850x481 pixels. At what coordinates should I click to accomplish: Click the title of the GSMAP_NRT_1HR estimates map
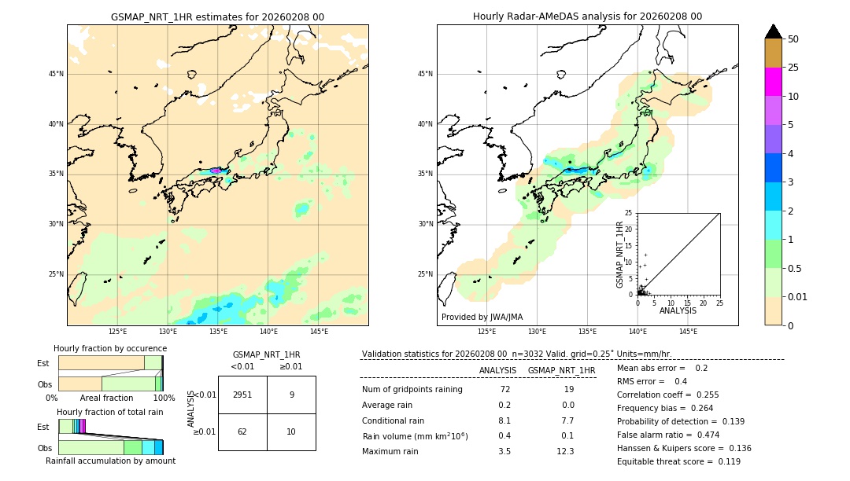217,17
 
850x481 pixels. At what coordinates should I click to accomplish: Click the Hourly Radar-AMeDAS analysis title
587,17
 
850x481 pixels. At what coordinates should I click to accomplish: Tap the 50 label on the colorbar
793,39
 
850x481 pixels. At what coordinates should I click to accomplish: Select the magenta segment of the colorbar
773,82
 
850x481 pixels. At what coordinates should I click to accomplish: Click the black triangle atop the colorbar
773,31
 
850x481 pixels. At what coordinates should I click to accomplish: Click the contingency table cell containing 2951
242,395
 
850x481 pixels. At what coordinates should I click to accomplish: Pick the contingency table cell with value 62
242,431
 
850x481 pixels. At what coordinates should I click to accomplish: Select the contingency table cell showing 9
291,395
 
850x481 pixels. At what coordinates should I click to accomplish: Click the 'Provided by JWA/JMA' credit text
482,318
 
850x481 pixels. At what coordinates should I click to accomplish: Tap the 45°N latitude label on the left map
56,74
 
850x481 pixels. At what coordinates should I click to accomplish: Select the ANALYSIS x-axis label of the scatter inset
678,310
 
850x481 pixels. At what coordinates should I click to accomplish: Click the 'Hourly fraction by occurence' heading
110,348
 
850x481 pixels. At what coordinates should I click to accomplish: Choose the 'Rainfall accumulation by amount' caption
110,461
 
